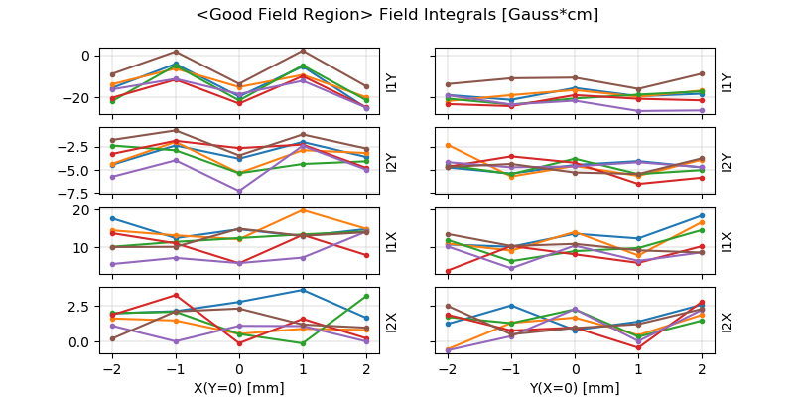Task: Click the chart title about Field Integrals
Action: coord(397,15)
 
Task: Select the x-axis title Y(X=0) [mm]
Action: coord(575,388)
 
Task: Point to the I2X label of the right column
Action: coord(728,321)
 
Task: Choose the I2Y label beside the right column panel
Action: coord(728,161)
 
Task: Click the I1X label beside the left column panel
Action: coord(391,241)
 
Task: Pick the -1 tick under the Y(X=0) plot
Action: coord(511,368)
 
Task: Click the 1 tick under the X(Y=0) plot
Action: coord(302,368)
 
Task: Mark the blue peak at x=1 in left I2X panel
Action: coord(302,290)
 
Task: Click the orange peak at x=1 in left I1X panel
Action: coord(302,209)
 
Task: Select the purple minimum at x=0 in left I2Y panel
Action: coord(238,191)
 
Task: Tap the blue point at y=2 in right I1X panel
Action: coord(702,215)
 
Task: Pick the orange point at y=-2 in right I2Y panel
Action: coord(448,145)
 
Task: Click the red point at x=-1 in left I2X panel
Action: coord(176,295)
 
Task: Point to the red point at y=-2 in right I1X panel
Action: coord(448,270)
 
